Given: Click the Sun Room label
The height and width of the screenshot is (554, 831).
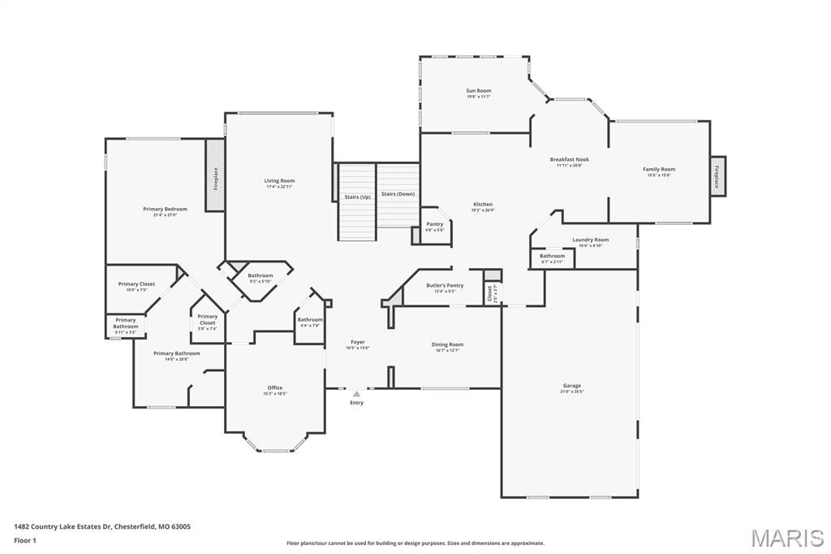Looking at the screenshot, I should coord(478,91).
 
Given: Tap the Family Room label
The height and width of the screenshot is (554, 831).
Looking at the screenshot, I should coord(659,170).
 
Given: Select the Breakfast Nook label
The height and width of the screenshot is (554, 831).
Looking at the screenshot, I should coord(569,160).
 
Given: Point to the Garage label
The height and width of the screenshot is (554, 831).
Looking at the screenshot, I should coord(572,386).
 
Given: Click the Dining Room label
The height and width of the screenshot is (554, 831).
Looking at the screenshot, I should coord(446,344).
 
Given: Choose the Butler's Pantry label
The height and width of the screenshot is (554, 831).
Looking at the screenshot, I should coord(445,285).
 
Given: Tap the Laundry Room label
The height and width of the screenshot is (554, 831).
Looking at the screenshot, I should coord(590,240).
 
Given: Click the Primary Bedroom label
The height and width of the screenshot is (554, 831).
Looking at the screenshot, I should coord(165,210).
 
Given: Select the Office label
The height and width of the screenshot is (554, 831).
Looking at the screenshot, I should coord(275,388).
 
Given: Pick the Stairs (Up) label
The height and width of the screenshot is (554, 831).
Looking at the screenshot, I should coord(357,197).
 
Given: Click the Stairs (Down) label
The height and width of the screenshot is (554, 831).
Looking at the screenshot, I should coord(398,194).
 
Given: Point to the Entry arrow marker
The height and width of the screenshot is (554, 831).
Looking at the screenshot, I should coord(356,394).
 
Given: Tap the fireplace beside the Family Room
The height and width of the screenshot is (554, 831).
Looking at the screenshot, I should coord(717,176).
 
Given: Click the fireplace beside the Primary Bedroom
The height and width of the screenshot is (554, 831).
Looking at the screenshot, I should coord(215,176).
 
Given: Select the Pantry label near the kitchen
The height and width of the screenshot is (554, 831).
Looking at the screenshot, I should coord(435,224).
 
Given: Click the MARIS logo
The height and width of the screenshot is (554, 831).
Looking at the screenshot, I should coord(786,537).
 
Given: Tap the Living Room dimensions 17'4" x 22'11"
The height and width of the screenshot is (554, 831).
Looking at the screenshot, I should coord(279,187).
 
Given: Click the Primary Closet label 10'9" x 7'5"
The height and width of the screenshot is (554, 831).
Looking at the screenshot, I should coord(136,290).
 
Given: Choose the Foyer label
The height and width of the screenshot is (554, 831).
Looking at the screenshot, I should coord(357,342).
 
